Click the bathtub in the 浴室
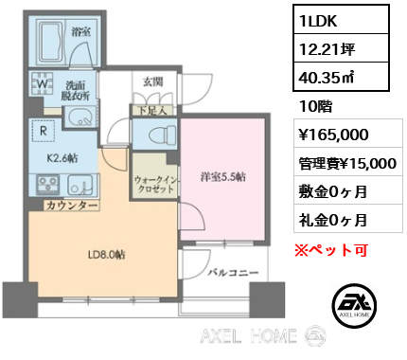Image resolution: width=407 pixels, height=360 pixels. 51,40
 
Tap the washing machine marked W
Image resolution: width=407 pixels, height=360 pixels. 43,83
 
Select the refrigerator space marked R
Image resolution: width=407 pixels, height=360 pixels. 44,131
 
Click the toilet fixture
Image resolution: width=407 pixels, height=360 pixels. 162,134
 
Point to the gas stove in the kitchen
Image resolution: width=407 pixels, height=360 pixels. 48,185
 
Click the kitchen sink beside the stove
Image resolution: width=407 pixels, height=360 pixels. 80,185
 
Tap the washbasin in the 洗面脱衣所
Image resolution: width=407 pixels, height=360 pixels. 80,117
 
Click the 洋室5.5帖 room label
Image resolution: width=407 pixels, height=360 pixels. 223,177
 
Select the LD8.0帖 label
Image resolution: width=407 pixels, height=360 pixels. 107,255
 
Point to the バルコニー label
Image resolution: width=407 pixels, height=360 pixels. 233,272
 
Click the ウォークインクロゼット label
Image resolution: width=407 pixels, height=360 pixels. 155,185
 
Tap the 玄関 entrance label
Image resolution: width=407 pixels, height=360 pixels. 153,82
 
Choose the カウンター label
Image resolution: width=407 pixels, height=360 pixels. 72,206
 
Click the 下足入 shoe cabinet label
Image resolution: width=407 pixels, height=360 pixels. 152,111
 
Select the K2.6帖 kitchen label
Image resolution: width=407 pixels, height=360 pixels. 62,158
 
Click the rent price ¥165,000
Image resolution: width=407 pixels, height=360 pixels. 334,135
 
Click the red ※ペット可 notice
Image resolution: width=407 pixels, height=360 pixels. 331,250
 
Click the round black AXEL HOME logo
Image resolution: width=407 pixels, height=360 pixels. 354,305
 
